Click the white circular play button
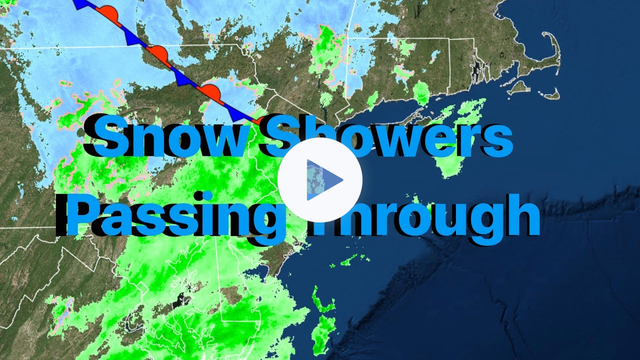[x=320, y=180]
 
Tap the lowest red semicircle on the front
[x=210, y=92]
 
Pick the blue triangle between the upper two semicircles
[x=132, y=38]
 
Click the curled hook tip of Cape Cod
[x=545, y=37]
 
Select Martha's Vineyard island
[x=520, y=87]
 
